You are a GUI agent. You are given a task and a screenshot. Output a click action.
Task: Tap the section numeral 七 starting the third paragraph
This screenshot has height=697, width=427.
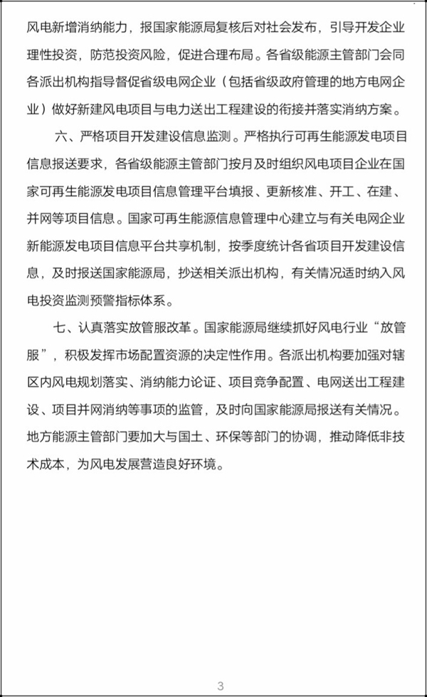59,329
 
